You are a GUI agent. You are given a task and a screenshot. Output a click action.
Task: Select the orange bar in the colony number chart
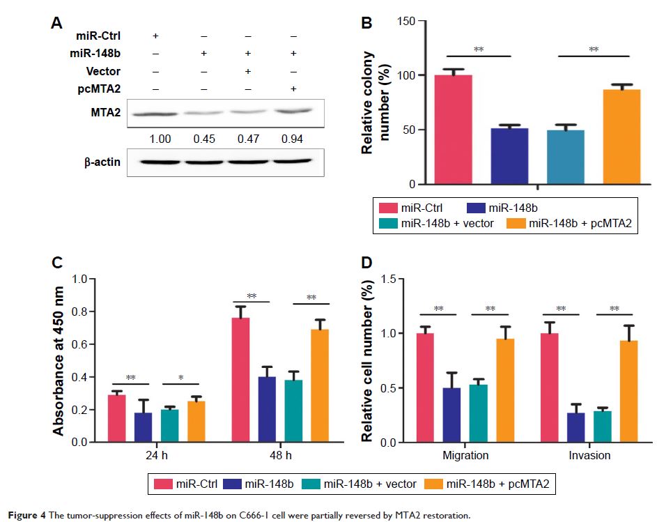click(x=601, y=137)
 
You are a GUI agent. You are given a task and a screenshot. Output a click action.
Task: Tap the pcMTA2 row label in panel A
click(x=104, y=88)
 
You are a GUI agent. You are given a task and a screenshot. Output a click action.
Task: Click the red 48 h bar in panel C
click(x=240, y=379)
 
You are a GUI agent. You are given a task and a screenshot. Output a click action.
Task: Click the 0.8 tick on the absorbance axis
click(x=86, y=312)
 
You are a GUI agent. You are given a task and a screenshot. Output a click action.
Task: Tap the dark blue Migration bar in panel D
click(x=451, y=415)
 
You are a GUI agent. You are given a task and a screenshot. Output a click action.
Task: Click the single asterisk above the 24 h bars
click(x=180, y=378)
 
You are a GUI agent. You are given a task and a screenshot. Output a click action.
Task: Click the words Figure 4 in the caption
click(x=25, y=516)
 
